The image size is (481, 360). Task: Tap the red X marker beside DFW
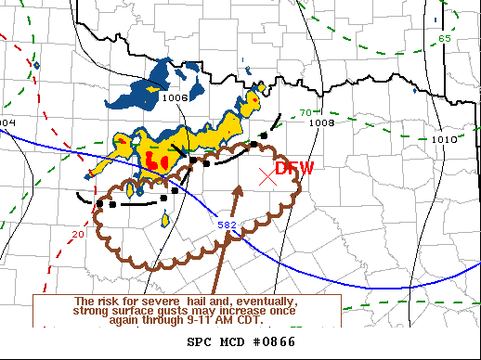pyautogui.click(x=267, y=174)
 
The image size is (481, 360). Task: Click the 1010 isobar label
pyautogui.click(x=444, y=139)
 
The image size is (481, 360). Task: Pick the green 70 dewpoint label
pyautogui.click(x=305, y=112)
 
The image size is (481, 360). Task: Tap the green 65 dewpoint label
pyautogui.click(x=445, y=38)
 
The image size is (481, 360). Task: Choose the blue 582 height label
pyautogui.click(x=227, y=225)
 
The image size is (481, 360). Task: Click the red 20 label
pyautogui.click(x=77, y=235)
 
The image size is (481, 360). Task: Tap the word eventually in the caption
pyautogui.click(x=266, y=302)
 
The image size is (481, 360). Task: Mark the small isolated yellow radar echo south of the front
pyautogui.click(x=165, y=220)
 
